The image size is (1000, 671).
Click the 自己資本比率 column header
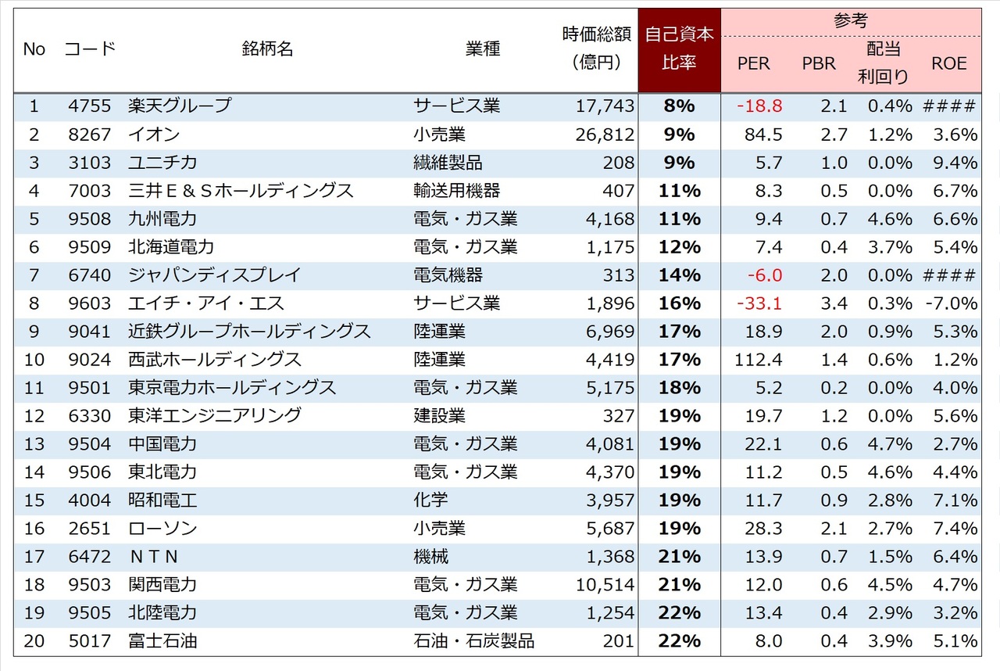(679, 48)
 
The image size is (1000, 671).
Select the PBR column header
(819, 63)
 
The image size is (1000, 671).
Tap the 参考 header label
(850, 21)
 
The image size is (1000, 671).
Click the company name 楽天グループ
(180, 106)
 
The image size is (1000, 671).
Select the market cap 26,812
(604, 135)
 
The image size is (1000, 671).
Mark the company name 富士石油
(162, 641)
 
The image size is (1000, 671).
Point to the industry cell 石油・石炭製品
(474, 641)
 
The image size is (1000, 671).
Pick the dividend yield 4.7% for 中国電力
(889, 444)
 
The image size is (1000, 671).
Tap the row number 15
(34, 501)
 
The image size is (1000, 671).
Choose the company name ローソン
(162, 529)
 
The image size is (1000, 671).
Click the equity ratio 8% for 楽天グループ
(679, 106)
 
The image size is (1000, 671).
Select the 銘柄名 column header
(267, 48)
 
